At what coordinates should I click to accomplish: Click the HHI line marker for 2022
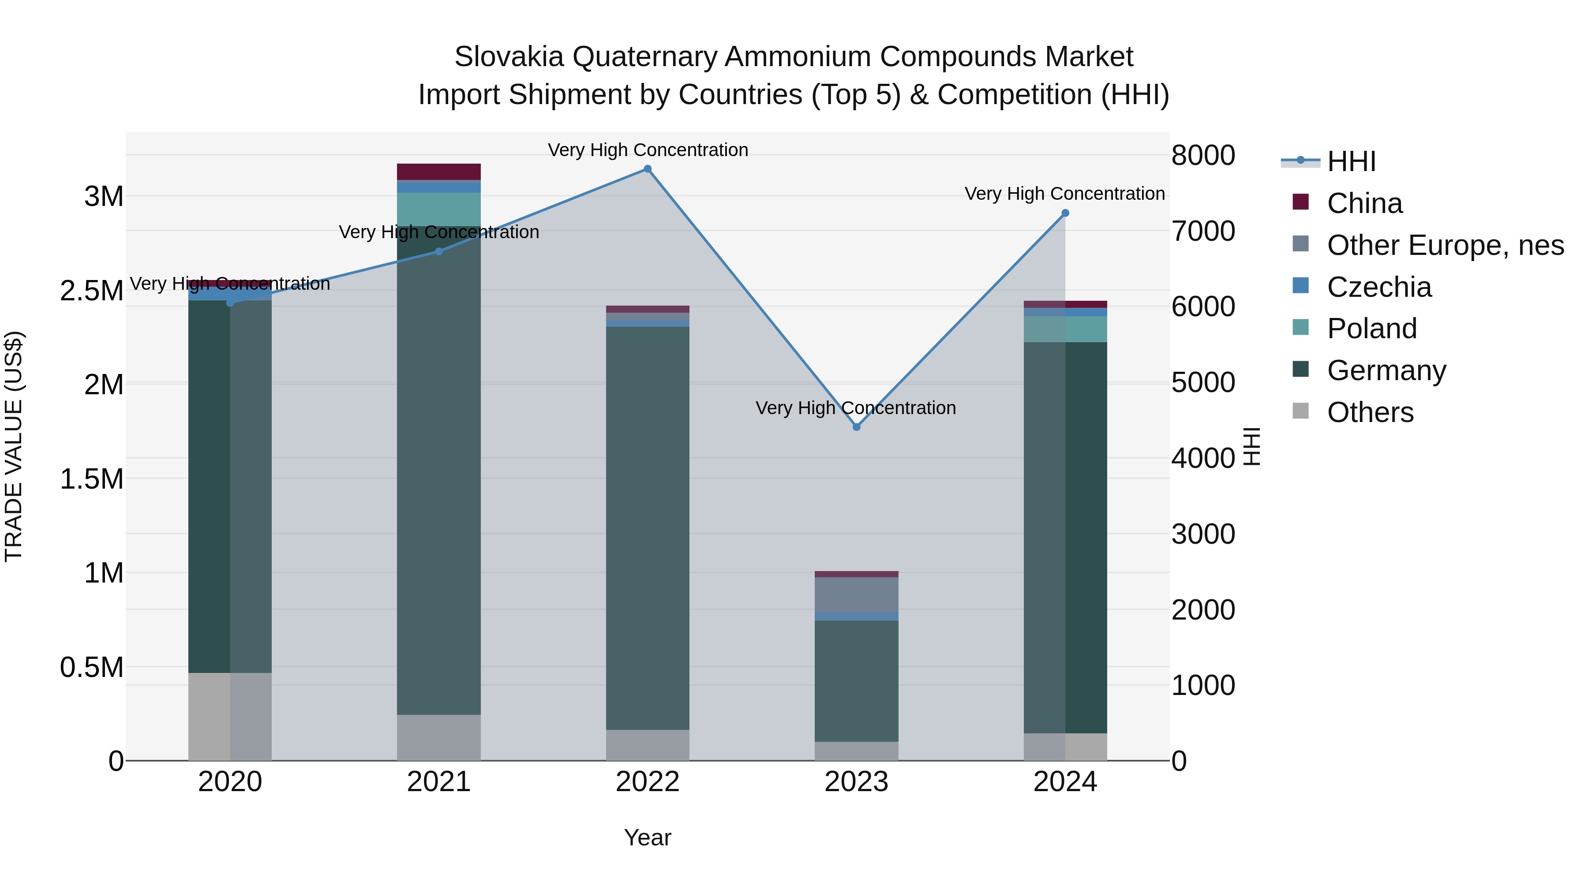(647, 169)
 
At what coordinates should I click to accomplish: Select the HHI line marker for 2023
(856, 427)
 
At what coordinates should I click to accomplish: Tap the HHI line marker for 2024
(1065, 213)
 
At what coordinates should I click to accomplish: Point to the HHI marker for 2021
(439, 251)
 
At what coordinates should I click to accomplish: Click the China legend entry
(1364, 203)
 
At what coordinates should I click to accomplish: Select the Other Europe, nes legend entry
(1445, 245)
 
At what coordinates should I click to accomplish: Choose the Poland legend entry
(1371, 329)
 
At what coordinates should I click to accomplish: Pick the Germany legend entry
(1386, 370)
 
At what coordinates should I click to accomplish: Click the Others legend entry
(1370, 412)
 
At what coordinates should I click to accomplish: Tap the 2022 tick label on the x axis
(647, 782)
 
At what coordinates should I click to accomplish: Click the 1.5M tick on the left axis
(92, 479)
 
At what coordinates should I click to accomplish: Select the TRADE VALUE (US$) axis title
(14, 446)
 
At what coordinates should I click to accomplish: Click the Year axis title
(647, 837)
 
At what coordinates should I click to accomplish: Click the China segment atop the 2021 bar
(439, 172)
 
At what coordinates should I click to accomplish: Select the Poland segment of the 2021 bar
(439, 209)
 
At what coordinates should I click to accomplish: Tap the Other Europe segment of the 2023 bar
(856, 595)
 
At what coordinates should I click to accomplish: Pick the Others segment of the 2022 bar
(647, 745)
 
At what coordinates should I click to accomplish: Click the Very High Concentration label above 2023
(856, 408)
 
